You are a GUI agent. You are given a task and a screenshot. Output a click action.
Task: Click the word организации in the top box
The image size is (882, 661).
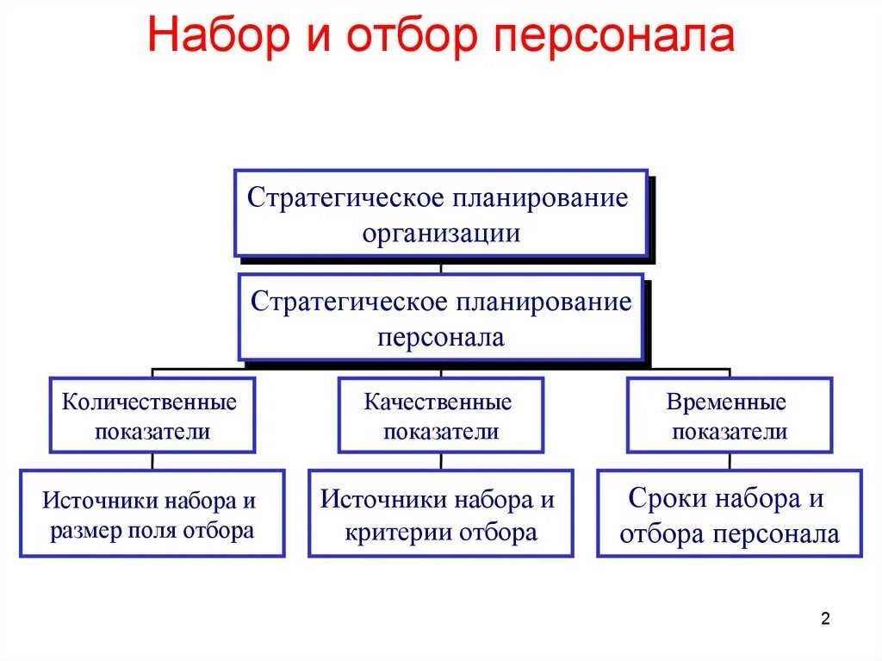441,233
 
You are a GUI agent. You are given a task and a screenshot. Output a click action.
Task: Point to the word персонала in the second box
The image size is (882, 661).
441,337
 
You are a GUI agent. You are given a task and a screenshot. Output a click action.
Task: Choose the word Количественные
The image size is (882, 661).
151,402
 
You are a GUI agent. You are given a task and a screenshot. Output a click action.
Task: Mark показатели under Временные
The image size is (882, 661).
730,431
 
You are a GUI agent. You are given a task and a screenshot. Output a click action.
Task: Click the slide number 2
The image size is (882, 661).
825,619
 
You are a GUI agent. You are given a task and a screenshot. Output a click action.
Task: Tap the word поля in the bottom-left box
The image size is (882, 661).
154,530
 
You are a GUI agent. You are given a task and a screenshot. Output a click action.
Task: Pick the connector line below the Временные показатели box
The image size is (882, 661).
730,461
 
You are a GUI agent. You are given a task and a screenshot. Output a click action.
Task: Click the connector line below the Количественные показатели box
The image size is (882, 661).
152,461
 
